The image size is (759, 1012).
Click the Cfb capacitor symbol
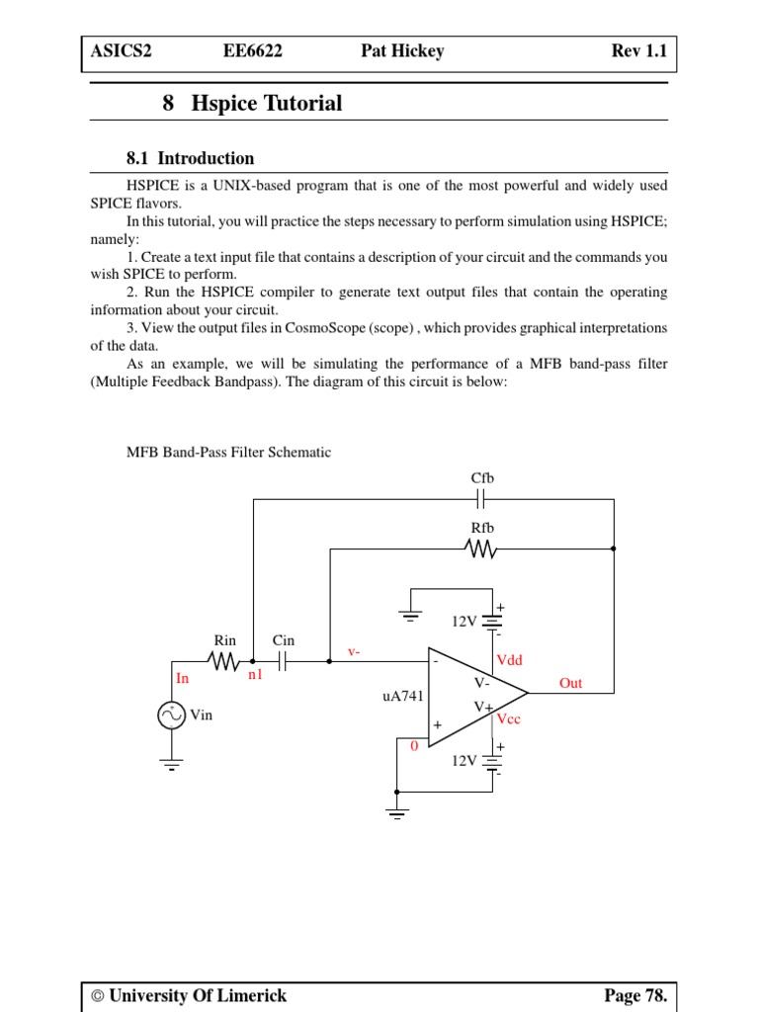click(481, 500)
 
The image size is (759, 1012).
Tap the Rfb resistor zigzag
click(481, 548)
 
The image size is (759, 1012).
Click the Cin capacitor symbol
click(283, 662)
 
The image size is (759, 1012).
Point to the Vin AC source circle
click(173, 716)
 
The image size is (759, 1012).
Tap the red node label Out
click(570, 683)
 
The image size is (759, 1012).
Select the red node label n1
click(255, 675)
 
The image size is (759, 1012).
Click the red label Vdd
click(509, 659)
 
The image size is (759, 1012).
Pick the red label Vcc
click(509, 719)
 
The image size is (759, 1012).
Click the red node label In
click(182, 678)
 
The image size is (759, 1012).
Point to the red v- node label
click(353, 651)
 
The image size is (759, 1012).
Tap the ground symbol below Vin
click(173, 763)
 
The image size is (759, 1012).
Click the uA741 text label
click(403, 696)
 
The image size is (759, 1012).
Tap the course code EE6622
click(253, 51)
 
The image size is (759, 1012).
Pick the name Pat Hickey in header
click(402, 51)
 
